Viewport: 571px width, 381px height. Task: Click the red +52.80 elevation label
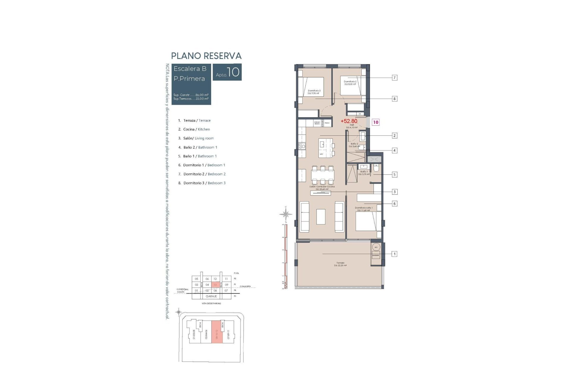click(x=349, y=121)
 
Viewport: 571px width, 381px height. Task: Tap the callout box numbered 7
click(x=394, y=78)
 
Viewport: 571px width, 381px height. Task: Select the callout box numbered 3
click(x=394, y=192)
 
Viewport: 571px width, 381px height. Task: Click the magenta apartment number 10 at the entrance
click(x=376, y=122)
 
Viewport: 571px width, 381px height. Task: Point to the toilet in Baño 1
click(x=376, y=169)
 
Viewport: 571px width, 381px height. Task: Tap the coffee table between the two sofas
click(x=321, y=217)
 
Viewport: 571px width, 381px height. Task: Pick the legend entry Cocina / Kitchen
click(x=196, y=129)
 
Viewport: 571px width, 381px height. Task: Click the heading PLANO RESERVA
click(x=206, y=56)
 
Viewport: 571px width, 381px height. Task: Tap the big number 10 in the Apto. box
click(x=233, y=72)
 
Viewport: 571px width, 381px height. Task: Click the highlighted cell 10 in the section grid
click(x=215, y=285)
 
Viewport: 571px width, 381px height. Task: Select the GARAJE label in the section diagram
click(x=211, y=296)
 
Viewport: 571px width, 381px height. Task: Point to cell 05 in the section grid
click(x=197, y=279)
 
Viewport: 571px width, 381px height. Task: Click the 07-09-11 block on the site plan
click(x=228, y=334)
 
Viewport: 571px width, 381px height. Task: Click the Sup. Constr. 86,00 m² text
click(x=191, y=95)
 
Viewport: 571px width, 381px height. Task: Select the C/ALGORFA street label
click(x=245, y=286)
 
